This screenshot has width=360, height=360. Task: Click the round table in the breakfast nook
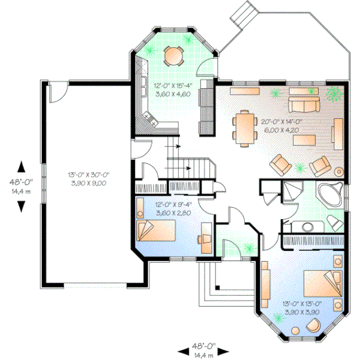[x=173, y=55]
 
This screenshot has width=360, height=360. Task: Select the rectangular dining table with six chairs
[x=245, y=127]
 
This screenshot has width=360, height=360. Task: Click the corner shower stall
[x=292, y=191]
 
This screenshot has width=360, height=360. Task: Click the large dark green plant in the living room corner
[x=333, y=93]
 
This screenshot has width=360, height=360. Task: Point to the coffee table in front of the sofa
[x=304, y=139]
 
